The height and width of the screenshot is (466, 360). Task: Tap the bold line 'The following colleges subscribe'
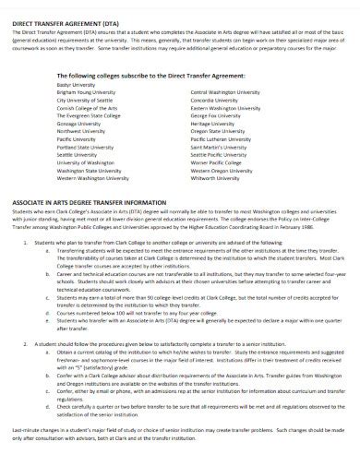138,75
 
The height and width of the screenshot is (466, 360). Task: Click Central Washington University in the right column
227,92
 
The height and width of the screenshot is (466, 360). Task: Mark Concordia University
214,100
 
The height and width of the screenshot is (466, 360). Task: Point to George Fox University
215,114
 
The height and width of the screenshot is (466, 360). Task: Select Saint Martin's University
218,144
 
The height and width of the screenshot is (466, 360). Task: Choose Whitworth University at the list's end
215,173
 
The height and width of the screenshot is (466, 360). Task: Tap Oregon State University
218,129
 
